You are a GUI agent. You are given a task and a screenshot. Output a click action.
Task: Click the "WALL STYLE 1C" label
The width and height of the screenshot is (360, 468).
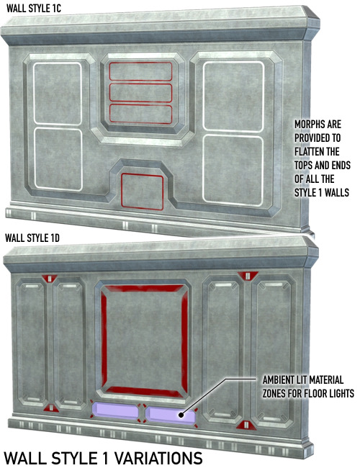pyautogui.click(x=34, y=9)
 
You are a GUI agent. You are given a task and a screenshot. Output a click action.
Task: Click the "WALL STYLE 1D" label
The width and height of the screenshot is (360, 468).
pyautogui.click(x=32, y=238)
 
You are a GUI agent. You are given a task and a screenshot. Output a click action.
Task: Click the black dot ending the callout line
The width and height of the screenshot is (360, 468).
pyautogui.click(x=181, y=415)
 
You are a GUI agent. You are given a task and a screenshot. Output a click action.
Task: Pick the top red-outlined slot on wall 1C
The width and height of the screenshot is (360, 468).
pyautogui.click(x=140, y=71)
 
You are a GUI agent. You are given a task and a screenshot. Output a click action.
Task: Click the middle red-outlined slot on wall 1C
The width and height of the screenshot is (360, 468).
pyautogui.click(x=140, y=93)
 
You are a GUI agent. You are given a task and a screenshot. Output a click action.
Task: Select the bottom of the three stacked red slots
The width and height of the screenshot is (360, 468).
pyautogui.click(x=140, y=114)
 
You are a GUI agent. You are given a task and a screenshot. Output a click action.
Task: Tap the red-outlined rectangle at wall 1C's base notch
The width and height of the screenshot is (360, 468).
pyautogui.click(x=142, y=192)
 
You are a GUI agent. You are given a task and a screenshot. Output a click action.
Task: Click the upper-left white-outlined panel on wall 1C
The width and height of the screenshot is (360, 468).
pyautogui.click(x=58, y=93)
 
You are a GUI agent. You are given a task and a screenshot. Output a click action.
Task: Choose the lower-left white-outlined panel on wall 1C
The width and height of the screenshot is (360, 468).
pyautogui.click(x=58, y=159)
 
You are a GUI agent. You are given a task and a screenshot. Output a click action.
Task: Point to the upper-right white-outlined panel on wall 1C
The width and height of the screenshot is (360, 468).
pyautogui.click(x=233, y=96)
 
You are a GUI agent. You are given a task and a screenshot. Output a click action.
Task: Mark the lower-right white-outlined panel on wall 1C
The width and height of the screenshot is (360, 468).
pyautogui.click(x=233, y=171)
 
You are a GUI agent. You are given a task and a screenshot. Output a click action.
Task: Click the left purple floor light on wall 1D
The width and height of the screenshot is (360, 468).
pyautogui.click(x=115, y=410)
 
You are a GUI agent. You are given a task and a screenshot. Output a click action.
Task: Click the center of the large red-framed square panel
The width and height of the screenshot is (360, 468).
pyautogui.click(x=144, y=339)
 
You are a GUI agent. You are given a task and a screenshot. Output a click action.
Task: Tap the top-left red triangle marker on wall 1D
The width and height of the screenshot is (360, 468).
pyautogui.click(x=50, y=279)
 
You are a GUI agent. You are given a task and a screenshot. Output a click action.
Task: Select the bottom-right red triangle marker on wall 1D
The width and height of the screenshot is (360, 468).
pyautogui.click(x=246, y=424)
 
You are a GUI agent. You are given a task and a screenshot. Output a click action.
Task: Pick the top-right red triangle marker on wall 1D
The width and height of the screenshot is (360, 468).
pyautogui.click(x=248, y=276)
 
